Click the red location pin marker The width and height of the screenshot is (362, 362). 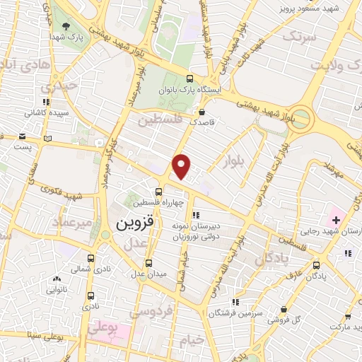tap(182, 165)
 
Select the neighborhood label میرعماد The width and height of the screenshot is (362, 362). tap(71, 223)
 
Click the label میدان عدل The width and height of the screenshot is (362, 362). tap(147, 273)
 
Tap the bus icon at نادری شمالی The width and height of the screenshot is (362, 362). tap(90, 259)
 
